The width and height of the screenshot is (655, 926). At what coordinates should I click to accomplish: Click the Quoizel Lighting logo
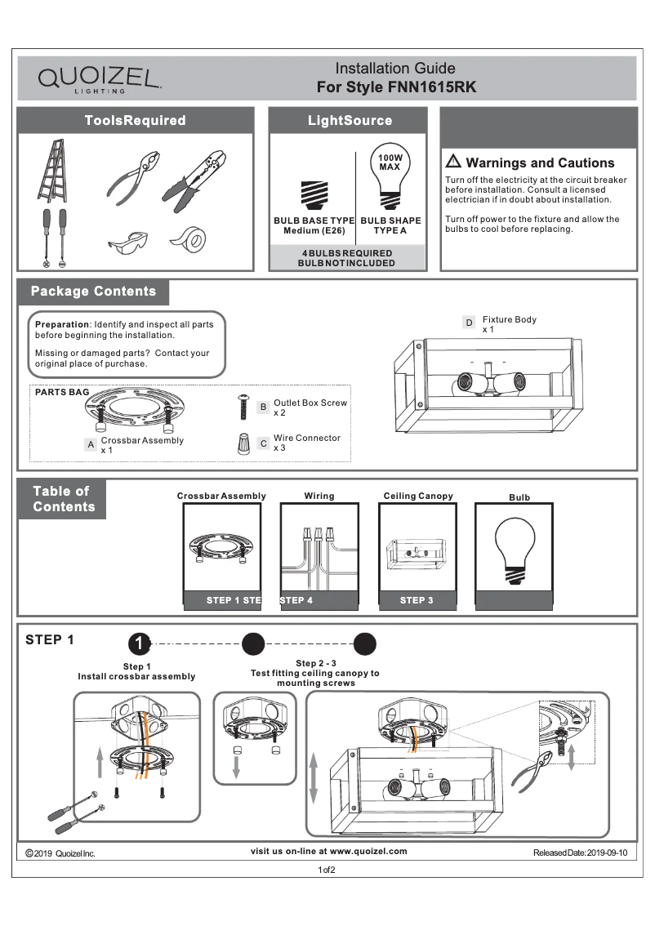(x=99, y=79)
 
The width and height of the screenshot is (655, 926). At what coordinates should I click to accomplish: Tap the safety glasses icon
(x=128, y=243)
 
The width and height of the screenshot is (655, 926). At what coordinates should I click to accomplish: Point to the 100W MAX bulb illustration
(x=390, y=180)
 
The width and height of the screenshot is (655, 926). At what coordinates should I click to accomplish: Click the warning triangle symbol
(x=453, y=162)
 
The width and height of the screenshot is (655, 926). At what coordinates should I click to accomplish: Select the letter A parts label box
(x=91, y=444)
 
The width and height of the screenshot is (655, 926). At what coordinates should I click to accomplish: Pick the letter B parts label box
(x=263, y=406)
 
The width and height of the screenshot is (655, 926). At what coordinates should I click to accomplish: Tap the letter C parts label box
(x=263, y=443)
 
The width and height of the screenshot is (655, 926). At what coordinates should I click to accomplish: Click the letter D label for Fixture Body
(x=469, y=323)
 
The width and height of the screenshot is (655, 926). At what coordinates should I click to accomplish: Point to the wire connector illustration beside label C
(x=243, y=443)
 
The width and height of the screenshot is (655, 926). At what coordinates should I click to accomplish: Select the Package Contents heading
(x=93, y=292)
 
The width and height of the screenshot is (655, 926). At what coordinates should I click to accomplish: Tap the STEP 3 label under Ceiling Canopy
(x=417, y=601)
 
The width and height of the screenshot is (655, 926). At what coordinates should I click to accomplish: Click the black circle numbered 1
(x=140, y=643)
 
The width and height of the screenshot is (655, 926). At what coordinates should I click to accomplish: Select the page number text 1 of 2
(x=327, y=870)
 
